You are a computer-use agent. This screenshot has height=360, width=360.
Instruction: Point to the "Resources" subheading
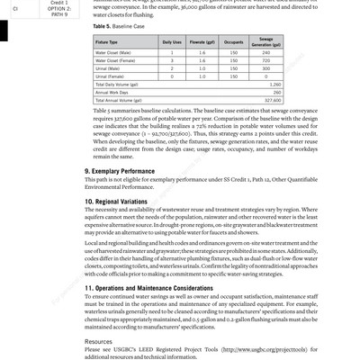click(x=99, y=342)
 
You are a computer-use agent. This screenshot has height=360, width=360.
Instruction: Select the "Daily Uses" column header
click(x=171, y=42)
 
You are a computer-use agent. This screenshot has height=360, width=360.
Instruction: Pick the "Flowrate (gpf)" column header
click(x=203, y=42)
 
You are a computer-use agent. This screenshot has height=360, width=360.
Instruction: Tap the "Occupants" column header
click(x=234, y=42)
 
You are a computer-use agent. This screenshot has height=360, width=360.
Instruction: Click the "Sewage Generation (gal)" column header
click(x=266, y=42)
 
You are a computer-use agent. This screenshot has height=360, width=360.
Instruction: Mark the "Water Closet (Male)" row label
click(x=114, y=52)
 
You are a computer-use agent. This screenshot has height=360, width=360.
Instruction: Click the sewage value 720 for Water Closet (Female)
click(x=266, y=60)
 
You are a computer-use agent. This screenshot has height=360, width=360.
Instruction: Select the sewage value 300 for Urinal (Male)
click(x=266, y=68)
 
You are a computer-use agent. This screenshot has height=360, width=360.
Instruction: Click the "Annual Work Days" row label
click(x=112, y=92)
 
